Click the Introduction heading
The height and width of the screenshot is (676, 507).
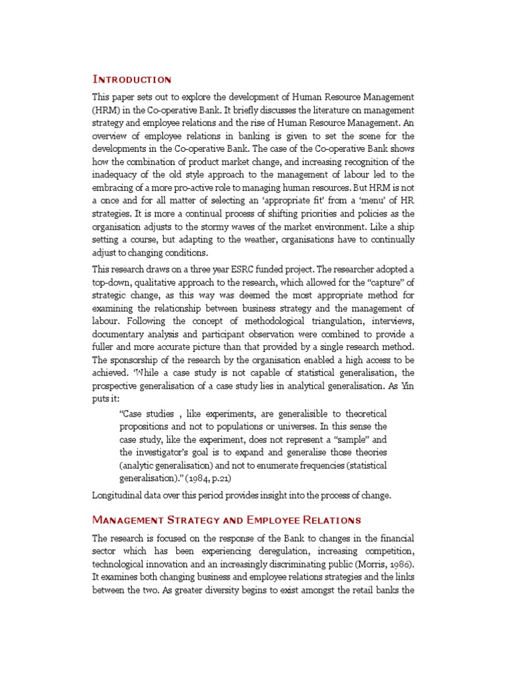[131, 79]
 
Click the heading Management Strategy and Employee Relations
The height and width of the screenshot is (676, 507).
[226, 520]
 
